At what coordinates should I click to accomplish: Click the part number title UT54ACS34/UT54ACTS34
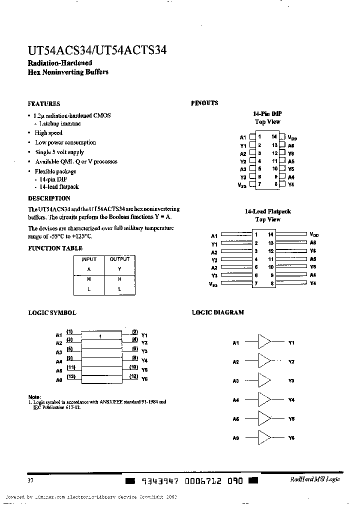[97, 50]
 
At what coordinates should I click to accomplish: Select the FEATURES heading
[44, 104]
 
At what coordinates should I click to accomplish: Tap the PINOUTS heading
[204, 103]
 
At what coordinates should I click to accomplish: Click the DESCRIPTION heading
[49, 198]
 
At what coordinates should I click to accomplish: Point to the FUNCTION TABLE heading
[55, 248]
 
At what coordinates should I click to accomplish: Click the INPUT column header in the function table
[89, 259]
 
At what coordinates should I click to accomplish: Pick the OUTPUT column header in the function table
[119, 259]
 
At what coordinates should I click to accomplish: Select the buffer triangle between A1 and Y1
[264, 343]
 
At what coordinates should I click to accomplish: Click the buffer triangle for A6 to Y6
[264, 437]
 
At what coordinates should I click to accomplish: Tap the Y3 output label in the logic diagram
[291, 381]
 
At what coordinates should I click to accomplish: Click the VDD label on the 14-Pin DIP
[293, 137]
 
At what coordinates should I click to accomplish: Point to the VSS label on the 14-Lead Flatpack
[213, 284]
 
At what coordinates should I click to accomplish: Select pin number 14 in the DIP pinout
[274, 136]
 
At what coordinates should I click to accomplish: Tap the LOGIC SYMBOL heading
[52, 312]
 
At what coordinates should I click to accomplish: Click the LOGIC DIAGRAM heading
[218, 312]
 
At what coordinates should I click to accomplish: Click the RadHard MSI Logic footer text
[315, 479]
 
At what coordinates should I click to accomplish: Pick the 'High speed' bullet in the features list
[48, 133]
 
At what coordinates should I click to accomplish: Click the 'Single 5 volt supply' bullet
[59, 152]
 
